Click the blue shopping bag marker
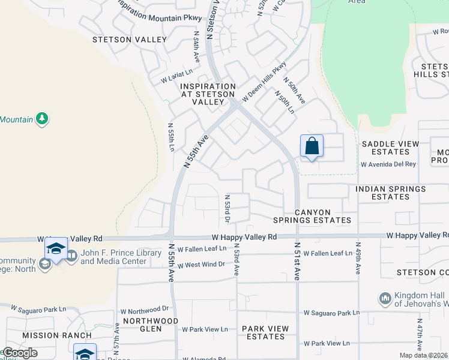pyautogui.click(x=312, y=146)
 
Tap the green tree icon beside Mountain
pyautogui.click(x=42, y=119)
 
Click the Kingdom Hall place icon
pyautogui.click(x=385, y=298)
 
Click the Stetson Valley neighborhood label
pyautogui.click(x=130, y=40)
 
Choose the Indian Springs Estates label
pyautogui.click(x=390, y=193)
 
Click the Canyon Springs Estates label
pyautogui.click(x=322, y=216)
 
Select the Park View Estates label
pyautogui.click(x=265, y=332)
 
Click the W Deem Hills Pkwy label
pyautogui.click(x=264, y=82)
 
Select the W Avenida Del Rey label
pyautogui.click(x=388, y=164)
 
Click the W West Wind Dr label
pyautogui.click(x=196, y=264)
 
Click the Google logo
pyautogui.click(x=20, y=353)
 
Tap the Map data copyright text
pyautogui.click(x=423, y=355)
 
